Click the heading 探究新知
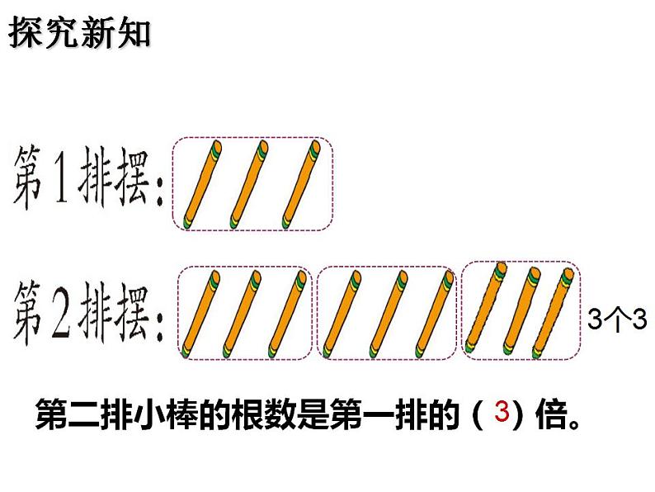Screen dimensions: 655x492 click(80, 34)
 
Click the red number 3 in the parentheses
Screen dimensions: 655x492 click(499, 413)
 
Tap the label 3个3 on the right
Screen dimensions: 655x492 click(617, 319)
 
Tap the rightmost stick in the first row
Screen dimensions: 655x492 click(299, 185)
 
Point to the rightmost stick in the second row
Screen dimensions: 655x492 click(555, 310)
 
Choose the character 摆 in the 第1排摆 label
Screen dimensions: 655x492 click(130, 180)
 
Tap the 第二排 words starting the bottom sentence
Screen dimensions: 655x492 click(79, 416)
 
